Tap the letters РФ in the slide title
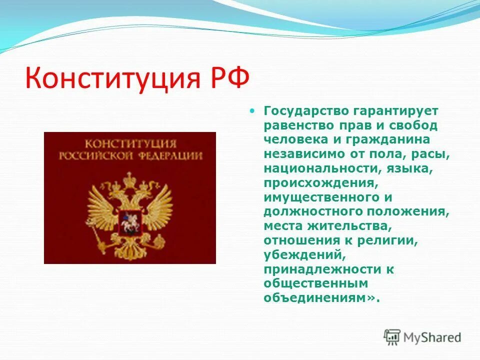click(227, 78)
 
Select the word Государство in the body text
click(302, 110)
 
